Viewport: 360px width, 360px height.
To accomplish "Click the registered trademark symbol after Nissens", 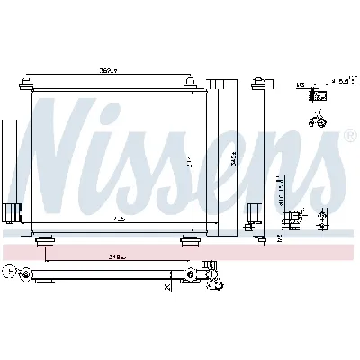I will (x=349, y=136).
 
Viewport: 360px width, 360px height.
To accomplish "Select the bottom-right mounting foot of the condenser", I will (x=189, y=239).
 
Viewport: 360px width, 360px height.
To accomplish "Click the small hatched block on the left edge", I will (x=10, y=213).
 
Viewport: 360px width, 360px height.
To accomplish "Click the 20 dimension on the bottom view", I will (x=168, y=286).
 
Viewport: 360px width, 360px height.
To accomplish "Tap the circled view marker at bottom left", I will (x=9, y=269).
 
